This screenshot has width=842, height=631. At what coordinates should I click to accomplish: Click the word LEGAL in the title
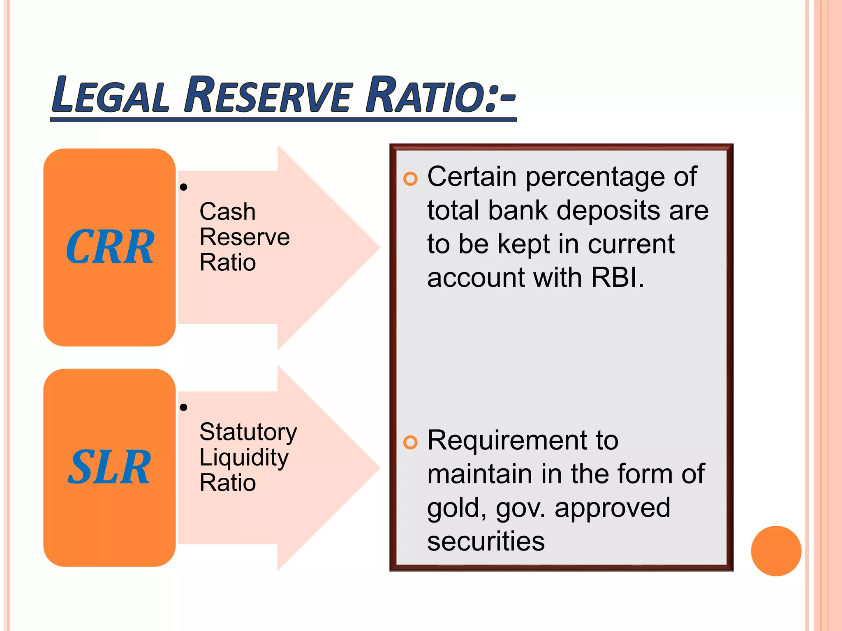(x=110, y=95)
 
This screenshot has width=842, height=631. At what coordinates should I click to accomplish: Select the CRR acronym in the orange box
(x=110, y=247)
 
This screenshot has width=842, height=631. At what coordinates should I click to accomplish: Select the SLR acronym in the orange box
(x=109, y=467)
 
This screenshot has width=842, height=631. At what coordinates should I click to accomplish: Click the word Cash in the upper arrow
(x=227, y=212)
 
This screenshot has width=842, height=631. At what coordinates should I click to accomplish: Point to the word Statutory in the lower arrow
(x=248, y=432)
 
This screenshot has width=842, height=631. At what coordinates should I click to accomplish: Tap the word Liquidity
(x=244, y=458)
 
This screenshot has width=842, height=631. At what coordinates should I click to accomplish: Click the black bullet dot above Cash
(x=184, y=187)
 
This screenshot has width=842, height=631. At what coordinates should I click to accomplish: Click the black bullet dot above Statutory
(x=184, y=408)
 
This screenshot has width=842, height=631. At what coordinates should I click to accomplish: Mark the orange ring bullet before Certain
(x=410, y=179)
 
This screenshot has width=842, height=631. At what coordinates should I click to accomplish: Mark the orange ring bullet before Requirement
(x=410, y=442)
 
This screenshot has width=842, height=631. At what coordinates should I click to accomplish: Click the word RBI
(x=616, y=278)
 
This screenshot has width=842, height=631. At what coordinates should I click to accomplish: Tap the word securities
(x=486, y=541)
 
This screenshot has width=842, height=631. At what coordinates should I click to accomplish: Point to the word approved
(x=612, y=508)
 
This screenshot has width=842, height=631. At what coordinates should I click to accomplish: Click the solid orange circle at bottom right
(x=776, y=551)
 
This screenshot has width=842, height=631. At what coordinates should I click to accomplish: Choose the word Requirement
(x=523, y=440)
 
